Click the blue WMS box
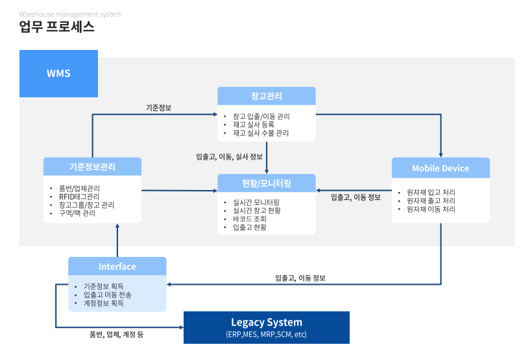(58, 73)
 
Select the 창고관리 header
(266, 96)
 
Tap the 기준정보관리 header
(92, 167)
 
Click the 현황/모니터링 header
(266, 184)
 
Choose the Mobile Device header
(441, 168)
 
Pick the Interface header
(117, 267)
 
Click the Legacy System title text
(266, 322)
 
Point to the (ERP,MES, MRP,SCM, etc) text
(266, 335)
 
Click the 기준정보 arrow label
(158, 108)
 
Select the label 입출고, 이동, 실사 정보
(229, 156)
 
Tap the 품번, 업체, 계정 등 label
(116, 335)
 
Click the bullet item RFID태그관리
(79, 197)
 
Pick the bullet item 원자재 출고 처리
(431, 201)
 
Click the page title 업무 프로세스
(57, 27)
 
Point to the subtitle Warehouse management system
(70, 14)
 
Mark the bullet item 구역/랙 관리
(77, 213)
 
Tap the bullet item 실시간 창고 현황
(257, 210)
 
